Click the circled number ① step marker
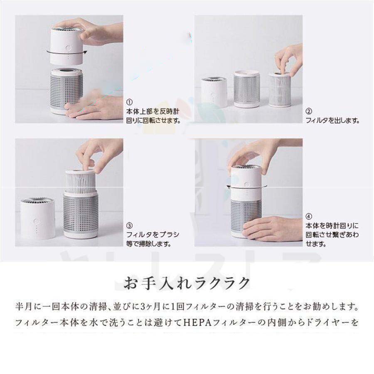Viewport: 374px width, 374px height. [129, 102]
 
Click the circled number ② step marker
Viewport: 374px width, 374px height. [309, 111]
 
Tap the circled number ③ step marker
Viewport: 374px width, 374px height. [129, 225]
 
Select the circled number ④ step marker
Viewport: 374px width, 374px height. [309, 217]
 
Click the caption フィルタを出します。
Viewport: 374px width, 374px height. [333, 121]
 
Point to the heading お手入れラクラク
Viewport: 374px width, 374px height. [187, 283]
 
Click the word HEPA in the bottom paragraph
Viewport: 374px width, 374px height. [197, 323]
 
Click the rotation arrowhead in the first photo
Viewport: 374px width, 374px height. [85, 52]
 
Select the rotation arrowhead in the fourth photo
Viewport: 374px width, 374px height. [229, 187]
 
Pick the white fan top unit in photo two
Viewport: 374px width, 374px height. [214, 92]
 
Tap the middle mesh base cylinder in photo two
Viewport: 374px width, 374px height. [246, 89]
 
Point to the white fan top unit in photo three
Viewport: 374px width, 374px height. [37, 219]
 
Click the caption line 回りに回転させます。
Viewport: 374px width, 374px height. [153, 121]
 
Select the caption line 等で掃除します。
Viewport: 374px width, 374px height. [149, 244]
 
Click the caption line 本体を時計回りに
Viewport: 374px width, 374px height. [332, 225]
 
